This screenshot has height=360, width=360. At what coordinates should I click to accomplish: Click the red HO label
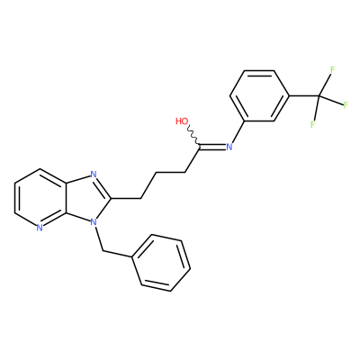(182, 121)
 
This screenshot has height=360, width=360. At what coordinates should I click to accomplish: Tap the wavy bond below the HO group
(193, 137)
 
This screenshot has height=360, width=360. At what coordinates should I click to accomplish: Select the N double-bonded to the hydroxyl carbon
(229, 147)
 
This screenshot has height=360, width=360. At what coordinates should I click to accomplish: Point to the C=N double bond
(212, 147)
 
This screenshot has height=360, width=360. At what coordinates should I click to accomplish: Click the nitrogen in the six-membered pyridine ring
(40, 228)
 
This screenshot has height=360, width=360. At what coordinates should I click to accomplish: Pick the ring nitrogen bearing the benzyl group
(94, 222)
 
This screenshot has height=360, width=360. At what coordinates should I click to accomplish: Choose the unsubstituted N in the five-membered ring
(94, 174)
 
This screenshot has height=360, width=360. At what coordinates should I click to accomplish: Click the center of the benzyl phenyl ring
(161, 263)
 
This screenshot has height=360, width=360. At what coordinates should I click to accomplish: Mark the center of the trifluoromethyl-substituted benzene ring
(260, 95)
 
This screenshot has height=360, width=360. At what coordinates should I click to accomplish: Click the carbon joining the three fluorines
(319, 96)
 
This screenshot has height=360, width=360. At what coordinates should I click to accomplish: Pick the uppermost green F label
(332, 70)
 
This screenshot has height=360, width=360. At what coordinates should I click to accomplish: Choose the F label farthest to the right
(346, 105)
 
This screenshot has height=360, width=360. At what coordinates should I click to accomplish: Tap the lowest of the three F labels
(313, 124)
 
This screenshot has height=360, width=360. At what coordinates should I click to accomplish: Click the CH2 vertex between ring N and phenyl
(103, 250)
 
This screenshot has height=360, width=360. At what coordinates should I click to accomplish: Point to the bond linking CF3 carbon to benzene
(304, 96)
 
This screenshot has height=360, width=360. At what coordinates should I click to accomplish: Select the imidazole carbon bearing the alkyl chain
(112, 198)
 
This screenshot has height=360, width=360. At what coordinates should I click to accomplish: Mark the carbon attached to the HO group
(199, 147)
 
